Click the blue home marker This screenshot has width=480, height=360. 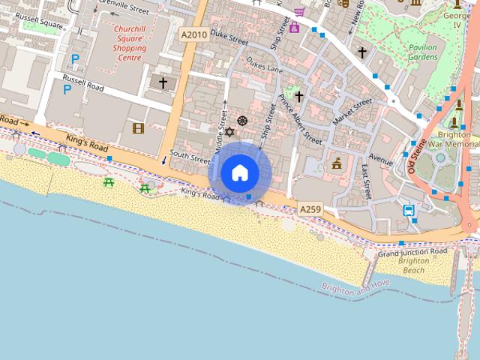[239, 172]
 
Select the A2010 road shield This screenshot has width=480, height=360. [193, 34]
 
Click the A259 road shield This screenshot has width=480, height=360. [310, 208]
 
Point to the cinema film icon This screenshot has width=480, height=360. [137, 128]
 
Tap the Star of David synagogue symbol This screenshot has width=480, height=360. [229, 132]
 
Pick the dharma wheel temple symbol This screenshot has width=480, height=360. [241, 121]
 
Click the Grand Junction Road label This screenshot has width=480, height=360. [412, 252]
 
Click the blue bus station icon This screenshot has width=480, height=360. [409, 210]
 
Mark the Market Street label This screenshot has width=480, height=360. [352, 112]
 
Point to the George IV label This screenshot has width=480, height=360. [457, 19]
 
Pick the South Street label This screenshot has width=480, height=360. [189, 157]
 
